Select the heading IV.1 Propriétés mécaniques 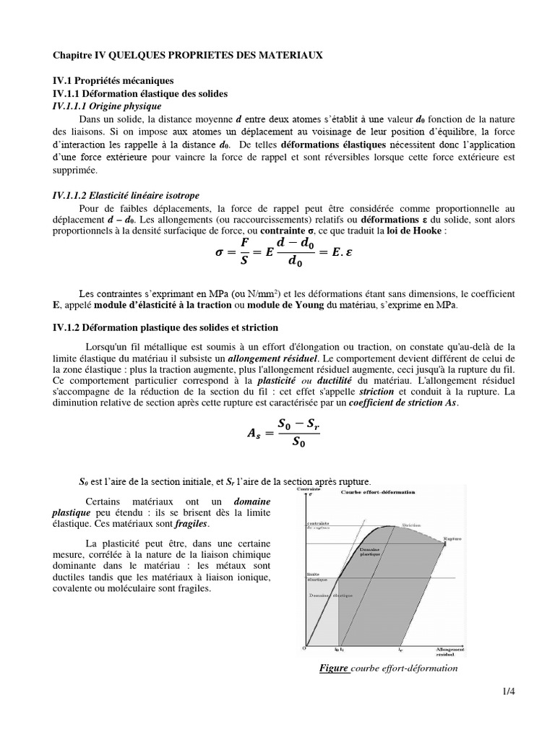tap(113, 82)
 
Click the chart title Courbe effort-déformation tap(377, 492)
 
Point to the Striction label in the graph tap(413, 525)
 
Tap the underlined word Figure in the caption tap(335, 668)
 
